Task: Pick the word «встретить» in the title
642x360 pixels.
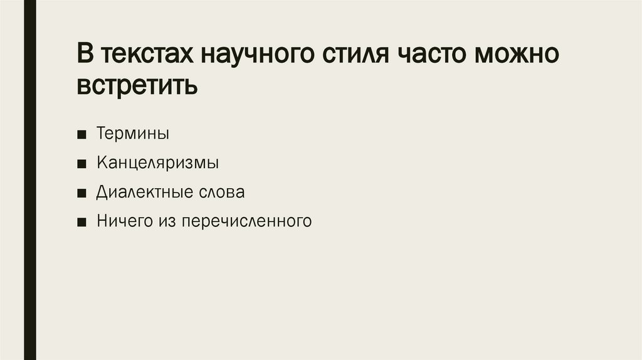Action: pos(137,85)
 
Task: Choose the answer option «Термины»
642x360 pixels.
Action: pos(133,134)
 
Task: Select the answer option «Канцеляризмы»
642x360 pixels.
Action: pos(157,163)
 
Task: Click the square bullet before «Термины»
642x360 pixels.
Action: pos(83,135)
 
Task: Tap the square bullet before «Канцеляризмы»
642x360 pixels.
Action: pos(83,164)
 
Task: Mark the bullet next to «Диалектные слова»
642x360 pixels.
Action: pos(83,193)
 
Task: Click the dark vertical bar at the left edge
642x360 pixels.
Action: pos(29,180)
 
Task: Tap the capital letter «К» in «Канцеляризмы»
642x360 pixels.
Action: pos(101,163)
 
